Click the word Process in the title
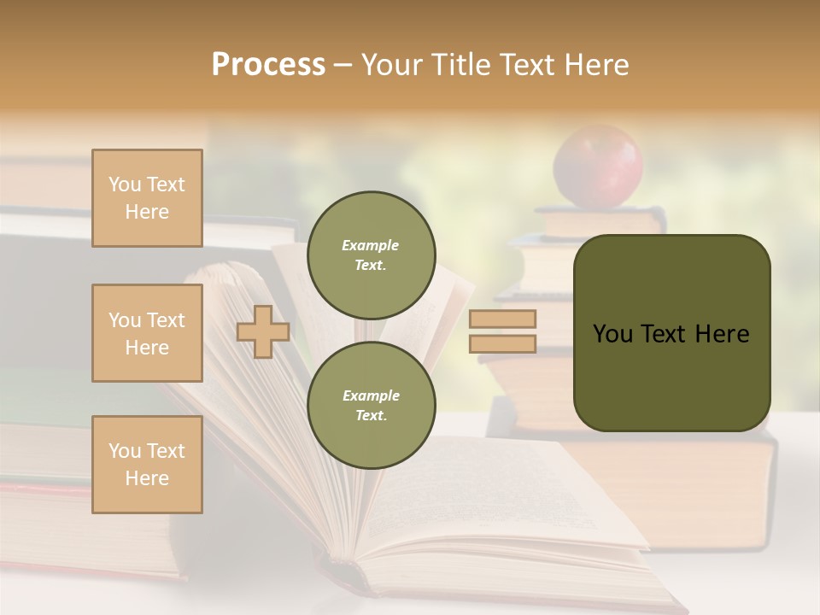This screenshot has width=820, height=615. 268,65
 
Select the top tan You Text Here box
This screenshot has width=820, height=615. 147,198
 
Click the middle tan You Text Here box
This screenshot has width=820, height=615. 147,333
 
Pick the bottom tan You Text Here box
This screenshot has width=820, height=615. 147,465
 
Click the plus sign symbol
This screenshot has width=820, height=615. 263,331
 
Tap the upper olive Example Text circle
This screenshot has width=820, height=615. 372,255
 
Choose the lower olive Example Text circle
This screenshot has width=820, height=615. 372,405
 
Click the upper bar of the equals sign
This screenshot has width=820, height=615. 503,319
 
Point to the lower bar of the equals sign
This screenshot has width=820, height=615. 503,343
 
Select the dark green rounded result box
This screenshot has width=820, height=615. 671,333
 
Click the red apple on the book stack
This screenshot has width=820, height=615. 598,166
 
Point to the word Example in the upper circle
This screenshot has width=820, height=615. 371,245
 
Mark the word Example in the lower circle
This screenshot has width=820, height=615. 371,395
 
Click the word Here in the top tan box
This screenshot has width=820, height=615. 147,212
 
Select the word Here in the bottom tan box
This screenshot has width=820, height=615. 147,478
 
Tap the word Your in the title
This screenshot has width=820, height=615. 392,65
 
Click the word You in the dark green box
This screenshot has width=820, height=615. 613,334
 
